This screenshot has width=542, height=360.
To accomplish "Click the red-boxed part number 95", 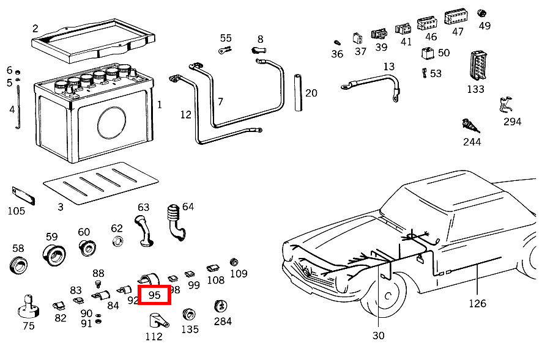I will click(x=155, y=295).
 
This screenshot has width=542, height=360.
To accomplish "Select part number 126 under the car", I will click(x=477, y=303).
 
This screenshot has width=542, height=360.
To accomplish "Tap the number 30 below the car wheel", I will click(x=379, y=335).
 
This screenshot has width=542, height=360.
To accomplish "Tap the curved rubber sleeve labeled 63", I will click(x=143, y=229).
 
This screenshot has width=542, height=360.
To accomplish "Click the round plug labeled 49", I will click(x=481, y=13).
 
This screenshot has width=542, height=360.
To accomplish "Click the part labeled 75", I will click(x=28, y=306).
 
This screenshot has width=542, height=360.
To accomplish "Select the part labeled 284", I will click(x=221, y=307).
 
